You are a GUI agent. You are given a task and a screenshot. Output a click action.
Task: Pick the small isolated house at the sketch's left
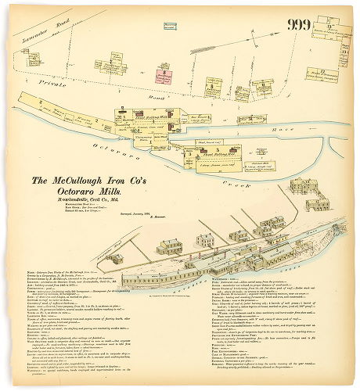pos(115,258)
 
